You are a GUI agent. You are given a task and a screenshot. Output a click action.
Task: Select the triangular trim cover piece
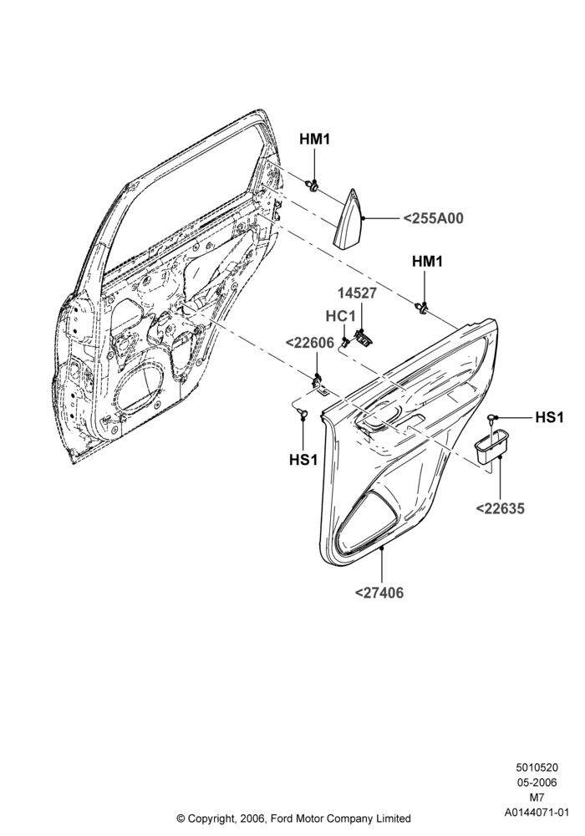click(x=348, y=218)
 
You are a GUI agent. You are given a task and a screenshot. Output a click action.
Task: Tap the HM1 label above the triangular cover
click(x=314, y=140)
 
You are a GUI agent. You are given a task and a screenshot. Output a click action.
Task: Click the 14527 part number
click(x=357, y=293)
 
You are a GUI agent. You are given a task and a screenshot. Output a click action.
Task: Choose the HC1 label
click(x=340, y=316)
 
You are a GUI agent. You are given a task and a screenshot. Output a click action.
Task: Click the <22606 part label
click(x=309, y=344)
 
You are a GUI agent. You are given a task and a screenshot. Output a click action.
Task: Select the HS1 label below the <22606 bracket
click(x=303, y=459)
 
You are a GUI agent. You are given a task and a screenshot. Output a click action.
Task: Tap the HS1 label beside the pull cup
click(x=549, y=417)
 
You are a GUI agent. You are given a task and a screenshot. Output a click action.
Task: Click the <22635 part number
click(x=500, y=508)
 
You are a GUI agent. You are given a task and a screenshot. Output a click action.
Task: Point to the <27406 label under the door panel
click(x=379, y=593)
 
